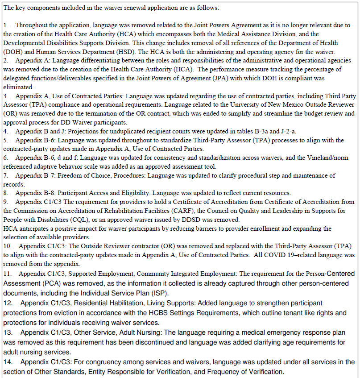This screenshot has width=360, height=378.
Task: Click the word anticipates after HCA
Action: (34, 228)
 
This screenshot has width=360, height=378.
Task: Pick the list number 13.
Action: (7, 332)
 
